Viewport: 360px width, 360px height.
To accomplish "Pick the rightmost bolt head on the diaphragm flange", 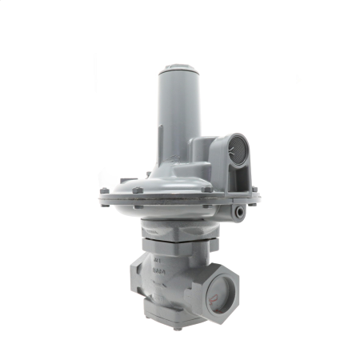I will (x=254, y=190).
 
